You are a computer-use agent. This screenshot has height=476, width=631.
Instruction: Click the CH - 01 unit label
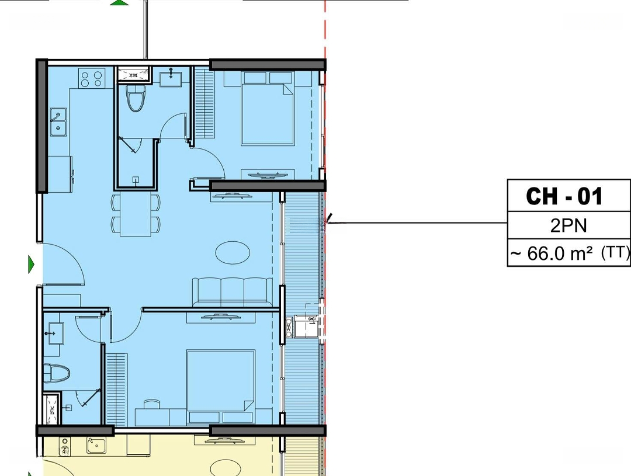pyautogui.click(x=564, y=196)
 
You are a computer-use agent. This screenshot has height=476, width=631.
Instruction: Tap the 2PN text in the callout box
pyautogui.click(x=568, y=226)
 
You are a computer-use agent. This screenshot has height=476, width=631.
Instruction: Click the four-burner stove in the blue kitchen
pyautogui.click(x=92, y=78)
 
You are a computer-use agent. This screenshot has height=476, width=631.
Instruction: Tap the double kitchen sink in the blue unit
pyautogui.click(x=58, y=122)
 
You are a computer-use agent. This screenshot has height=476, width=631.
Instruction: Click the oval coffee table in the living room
pyautogui.click(x=233, y=253)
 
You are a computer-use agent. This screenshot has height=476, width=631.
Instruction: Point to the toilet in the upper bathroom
pyautogui.click(x=136, y=98)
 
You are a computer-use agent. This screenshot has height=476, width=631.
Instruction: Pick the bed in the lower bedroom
pyautogui.click(x=221, y=387)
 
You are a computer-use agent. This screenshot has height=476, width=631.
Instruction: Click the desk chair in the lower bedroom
pyautogui.click(x=151, y=404)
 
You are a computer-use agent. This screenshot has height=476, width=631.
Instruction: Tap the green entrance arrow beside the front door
pyautogui.click(x=32, y=265)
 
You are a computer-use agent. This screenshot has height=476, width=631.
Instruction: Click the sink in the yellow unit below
pyautogui.click(x=96, y=446)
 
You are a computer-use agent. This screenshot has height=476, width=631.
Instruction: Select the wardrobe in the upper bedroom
pyautogui.click(x=204, y=104)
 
